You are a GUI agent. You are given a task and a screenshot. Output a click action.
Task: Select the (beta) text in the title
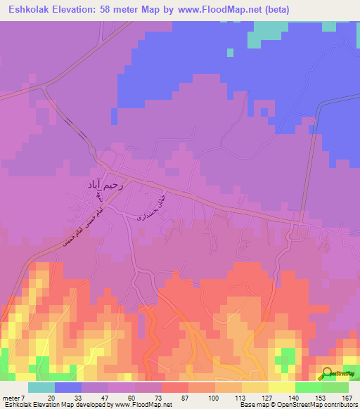click(274, 11)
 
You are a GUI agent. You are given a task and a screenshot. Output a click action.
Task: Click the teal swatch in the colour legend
click(41, 387)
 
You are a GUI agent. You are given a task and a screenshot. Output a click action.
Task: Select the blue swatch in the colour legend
click(68, 387)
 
